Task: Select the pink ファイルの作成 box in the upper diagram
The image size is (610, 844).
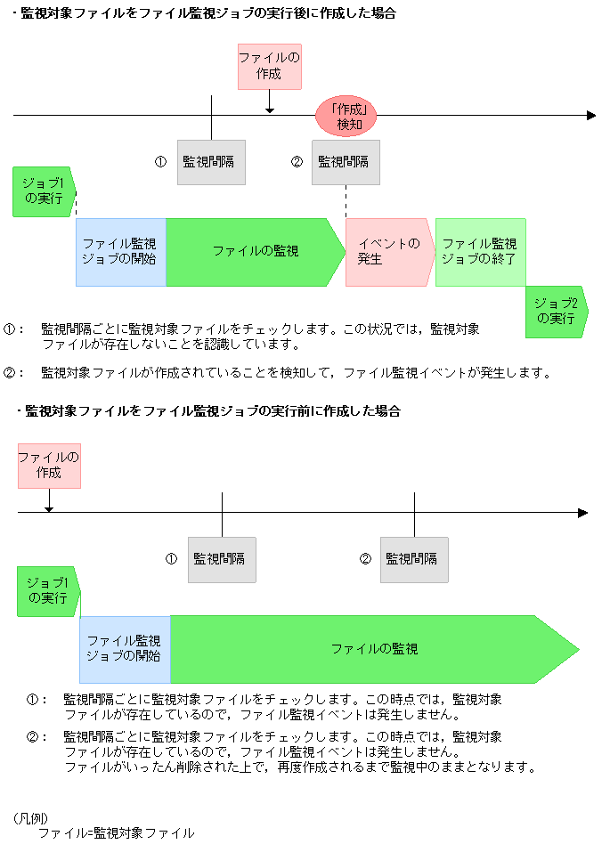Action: [269, 67]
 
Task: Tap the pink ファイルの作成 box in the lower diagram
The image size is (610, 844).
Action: [49, 465]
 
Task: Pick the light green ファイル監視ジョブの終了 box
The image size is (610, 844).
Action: [479, 252]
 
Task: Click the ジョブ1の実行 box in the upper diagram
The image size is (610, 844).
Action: [45, 191]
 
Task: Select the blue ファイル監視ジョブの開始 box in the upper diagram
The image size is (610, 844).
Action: [120, 252]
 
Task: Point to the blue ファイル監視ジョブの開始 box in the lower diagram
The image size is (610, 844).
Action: [125, 649]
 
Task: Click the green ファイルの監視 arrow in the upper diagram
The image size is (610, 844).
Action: [255, 252]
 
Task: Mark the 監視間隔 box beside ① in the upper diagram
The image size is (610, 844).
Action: [211, 162]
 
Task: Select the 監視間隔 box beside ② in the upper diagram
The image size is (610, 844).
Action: [346, 162]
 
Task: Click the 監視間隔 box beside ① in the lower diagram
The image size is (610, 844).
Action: [222, 559]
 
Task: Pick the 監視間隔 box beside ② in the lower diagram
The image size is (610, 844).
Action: [414, 559]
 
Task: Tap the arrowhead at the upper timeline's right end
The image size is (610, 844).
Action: [591, 116]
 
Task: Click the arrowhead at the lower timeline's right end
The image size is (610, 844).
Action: [582, 513]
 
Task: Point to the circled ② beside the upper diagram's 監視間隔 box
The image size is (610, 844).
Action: [297, 162]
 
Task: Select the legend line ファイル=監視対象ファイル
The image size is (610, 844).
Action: [116, 833]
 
